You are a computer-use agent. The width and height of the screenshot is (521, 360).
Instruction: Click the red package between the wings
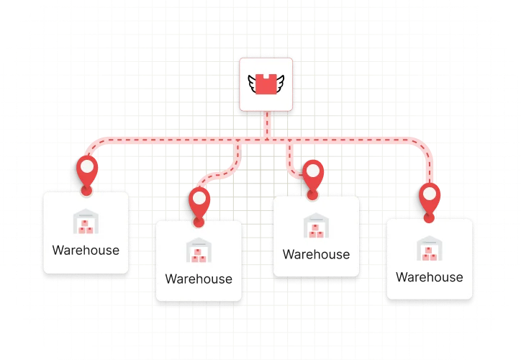click(x=266, y=84)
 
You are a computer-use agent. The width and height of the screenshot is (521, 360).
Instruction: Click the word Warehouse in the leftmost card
click(x=86, y=251)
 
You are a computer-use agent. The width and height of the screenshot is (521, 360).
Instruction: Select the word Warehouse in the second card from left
click(x=199, y=279)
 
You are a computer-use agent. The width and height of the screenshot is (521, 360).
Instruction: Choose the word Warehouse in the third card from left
click(x=316, y=254)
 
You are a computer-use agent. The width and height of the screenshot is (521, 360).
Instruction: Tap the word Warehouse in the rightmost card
click(x=430, y=277)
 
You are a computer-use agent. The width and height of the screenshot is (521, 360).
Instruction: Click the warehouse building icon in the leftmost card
click(x=86, y=222)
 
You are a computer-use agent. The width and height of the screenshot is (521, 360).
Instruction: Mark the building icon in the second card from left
click(x=199, y=251)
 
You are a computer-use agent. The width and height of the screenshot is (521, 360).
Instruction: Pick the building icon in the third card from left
click(x=316, y=226)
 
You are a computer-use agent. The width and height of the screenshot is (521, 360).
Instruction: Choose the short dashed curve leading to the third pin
click(x=295, y=167)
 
